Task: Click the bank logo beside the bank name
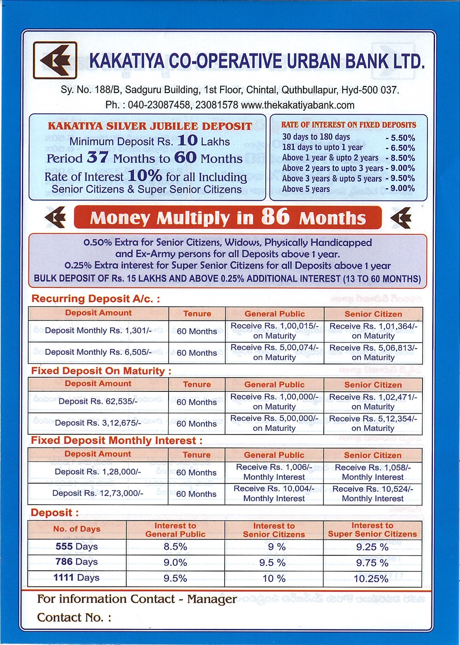55,60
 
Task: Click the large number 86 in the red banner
275,216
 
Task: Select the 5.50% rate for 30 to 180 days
400,138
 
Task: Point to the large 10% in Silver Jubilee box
145,176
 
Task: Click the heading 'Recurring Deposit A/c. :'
96,299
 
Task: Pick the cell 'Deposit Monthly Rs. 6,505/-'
98,352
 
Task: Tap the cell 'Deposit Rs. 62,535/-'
98,402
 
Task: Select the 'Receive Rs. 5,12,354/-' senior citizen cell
373,423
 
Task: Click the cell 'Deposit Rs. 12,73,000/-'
98,493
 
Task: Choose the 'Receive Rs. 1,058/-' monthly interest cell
373,472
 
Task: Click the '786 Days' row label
77,562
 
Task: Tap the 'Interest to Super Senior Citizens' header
372,530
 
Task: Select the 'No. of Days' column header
77,529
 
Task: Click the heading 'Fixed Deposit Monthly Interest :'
117,441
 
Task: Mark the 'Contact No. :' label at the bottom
74,618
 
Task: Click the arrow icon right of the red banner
401,217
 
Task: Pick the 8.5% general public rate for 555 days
175,547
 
